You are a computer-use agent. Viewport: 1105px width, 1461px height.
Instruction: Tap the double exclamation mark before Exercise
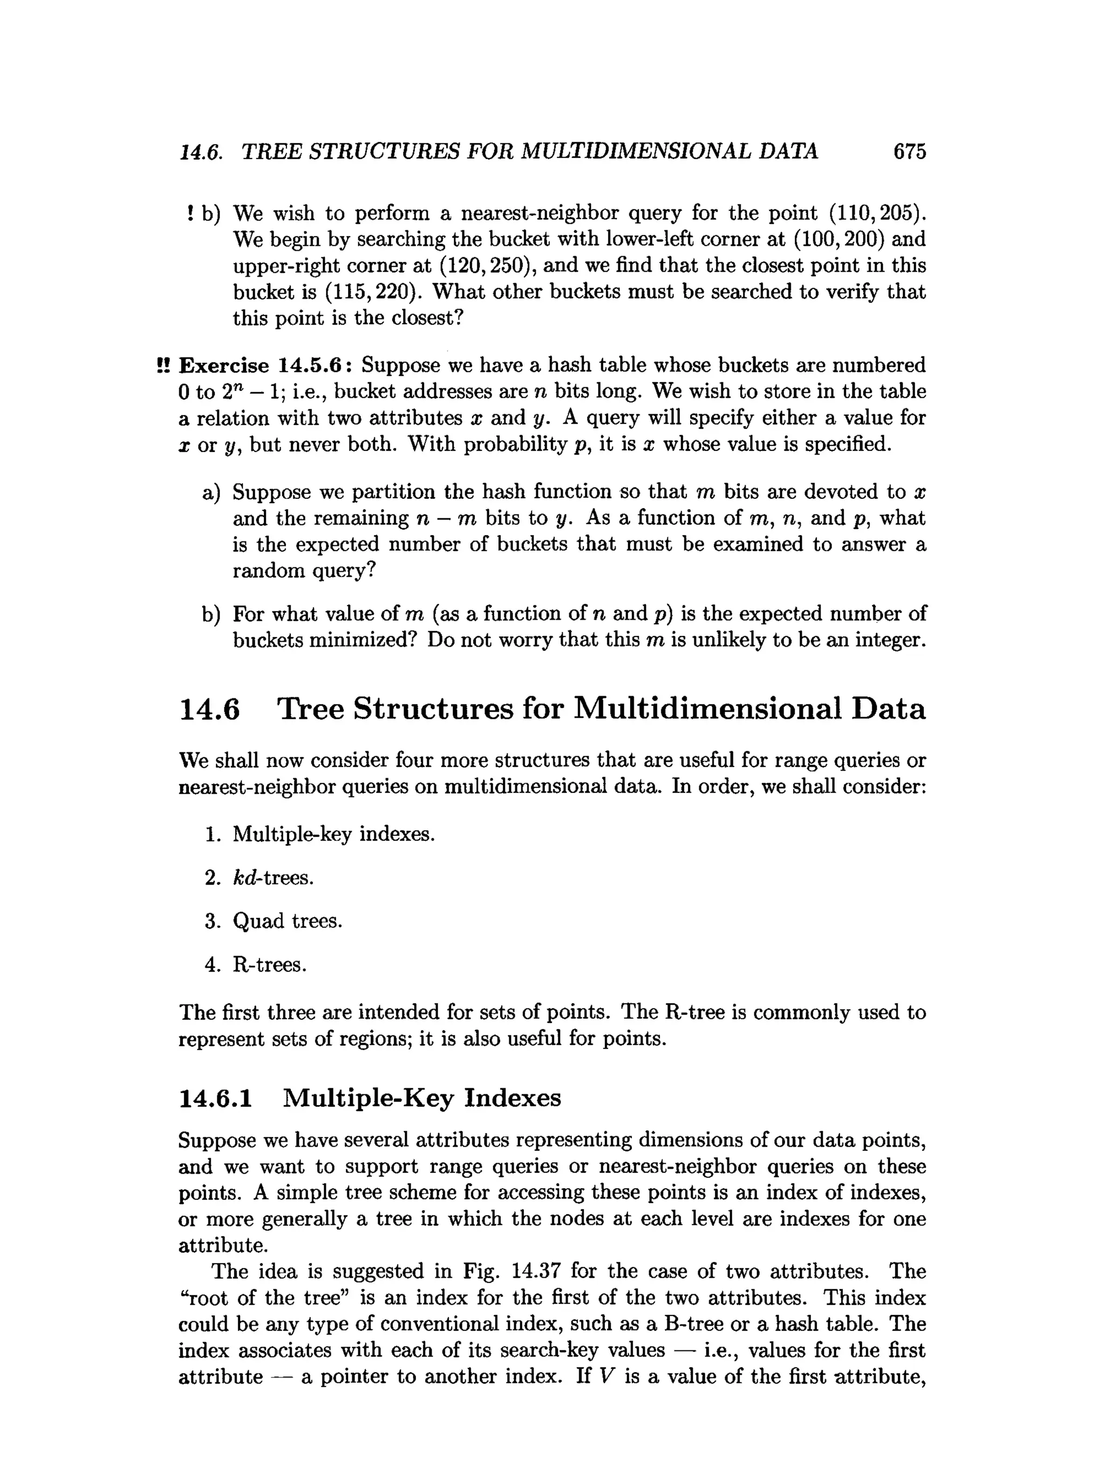tap(163, 365)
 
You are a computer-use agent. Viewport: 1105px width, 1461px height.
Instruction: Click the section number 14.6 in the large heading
tap(209, 709)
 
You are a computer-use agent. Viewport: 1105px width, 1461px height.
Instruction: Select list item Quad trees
tap(288, 921)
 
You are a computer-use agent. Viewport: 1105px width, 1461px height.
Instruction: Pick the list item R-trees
tap(270, 965)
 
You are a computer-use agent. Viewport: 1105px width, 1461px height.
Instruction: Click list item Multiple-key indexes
tap(334, 834)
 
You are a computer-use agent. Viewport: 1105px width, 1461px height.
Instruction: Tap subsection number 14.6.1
tap(215, 1098)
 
